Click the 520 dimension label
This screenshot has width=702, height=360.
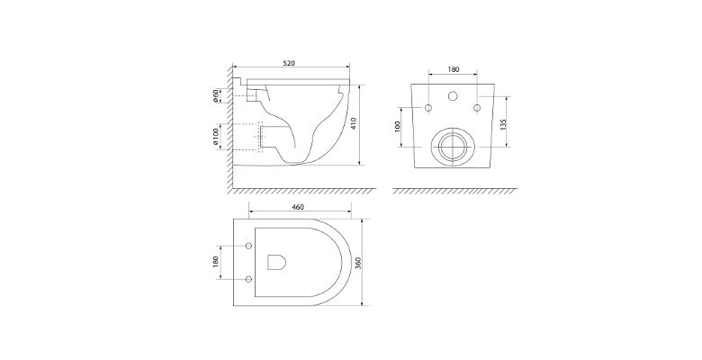click(x=289, y=63)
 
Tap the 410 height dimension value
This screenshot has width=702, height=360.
click(x=353, y=123)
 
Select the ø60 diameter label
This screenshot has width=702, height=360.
click(x=215, y=96)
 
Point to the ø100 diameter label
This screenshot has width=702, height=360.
click(x=215, y=137)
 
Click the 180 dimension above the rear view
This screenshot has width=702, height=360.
click(x=454, y=69)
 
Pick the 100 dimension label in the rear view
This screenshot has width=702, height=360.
click(x=397, y=127)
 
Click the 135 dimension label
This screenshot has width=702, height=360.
click(x=503, y=124)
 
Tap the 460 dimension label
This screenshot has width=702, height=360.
click(x=298, y=207)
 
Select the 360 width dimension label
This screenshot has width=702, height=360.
click(x=357, y=264)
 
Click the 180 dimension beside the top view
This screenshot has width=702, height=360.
click(x=215, y=262)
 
